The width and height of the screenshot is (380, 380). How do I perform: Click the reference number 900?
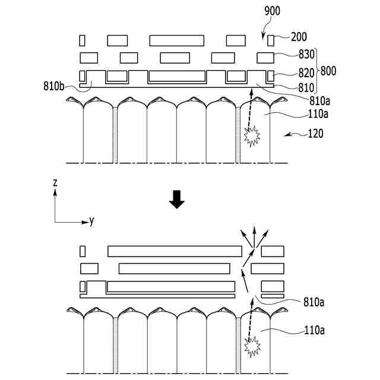(273, 11)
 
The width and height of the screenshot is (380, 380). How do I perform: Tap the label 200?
(299, 37)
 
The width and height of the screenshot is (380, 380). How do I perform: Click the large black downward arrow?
(177, 201)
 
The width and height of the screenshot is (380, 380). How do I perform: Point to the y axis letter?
(91, 221)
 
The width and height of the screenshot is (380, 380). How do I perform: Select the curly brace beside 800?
(318, 70)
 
